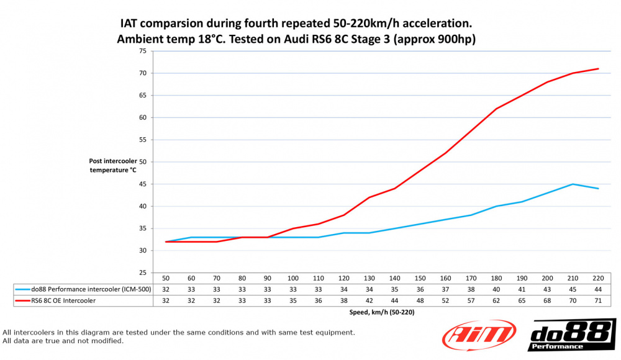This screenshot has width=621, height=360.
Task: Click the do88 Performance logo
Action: point(572,336)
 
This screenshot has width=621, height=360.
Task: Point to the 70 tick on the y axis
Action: point(142,73)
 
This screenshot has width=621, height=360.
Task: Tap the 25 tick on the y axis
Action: point(142,272)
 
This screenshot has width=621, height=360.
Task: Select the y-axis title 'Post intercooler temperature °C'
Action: point(112,164)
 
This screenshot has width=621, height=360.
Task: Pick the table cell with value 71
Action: point(598,300)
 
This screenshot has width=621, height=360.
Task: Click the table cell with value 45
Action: point(573,289)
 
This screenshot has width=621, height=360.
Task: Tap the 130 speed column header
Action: point(369,279)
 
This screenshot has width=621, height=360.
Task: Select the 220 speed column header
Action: point(598,279)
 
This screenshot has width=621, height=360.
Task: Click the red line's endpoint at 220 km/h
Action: point(598,69)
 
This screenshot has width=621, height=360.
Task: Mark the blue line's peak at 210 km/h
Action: point(573,184)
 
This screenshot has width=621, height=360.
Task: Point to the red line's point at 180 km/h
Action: point(496,109)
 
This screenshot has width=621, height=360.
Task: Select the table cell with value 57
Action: point(471,300)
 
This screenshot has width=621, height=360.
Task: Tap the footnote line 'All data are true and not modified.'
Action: point(63,341)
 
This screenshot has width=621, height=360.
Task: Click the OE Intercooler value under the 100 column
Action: point(293,300)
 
